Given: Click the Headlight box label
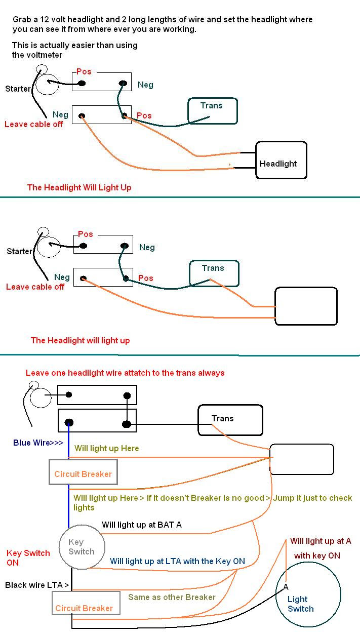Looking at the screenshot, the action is point(278,164).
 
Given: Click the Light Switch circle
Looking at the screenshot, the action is point(308,594).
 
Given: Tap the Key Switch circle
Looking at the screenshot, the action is point(82,547).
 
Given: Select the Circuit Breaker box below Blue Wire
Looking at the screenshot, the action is point(83,472).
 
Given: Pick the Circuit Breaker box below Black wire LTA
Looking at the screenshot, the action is point(86,603).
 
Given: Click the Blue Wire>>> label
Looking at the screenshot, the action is point(38,443).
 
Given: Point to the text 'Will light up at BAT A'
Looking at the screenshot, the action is point(142,525).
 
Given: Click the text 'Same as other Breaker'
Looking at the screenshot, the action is point(172,597).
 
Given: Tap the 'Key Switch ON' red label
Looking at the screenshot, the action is point(28,558).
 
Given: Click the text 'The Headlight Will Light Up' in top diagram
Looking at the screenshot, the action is point(79,187).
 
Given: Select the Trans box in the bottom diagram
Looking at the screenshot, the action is point(230,420).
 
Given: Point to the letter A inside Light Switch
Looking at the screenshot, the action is point(286,587).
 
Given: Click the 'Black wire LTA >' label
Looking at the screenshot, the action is point(37,585).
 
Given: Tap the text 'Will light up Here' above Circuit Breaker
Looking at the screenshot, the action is point(107,448).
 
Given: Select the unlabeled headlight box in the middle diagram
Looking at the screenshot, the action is point(306,306).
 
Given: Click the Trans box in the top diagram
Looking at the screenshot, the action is point(213,111).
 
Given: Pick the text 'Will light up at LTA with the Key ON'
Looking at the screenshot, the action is point(177,561).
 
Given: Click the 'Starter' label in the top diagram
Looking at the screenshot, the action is point(18,89).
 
